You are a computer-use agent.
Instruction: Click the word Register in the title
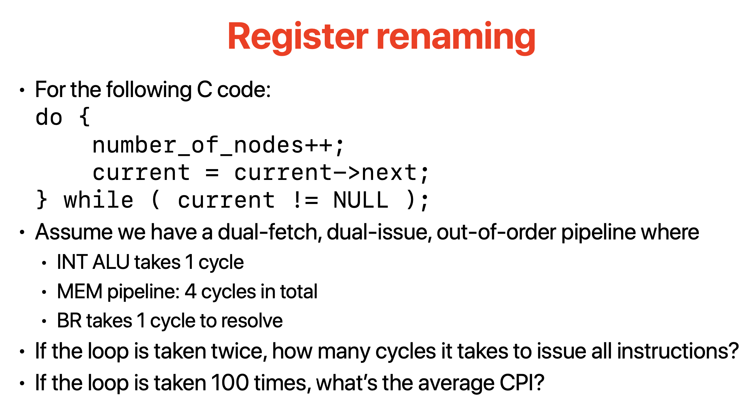tap(298, 37)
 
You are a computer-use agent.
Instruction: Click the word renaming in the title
tap(456, 37)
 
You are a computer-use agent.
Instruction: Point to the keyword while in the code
tap(98, 200)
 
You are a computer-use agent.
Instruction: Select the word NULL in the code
tap(361, 200)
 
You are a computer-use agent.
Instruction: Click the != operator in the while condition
tap(305, 200)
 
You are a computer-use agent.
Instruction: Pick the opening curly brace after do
tap(85, 117)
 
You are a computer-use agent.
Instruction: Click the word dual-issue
tap(379, 232)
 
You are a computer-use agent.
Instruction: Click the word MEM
tap(79, 292)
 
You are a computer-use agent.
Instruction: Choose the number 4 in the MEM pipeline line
tap(190, 292)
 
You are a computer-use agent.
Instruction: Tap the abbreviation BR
tap(67, 321)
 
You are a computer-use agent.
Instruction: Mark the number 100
tap(230, 383)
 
